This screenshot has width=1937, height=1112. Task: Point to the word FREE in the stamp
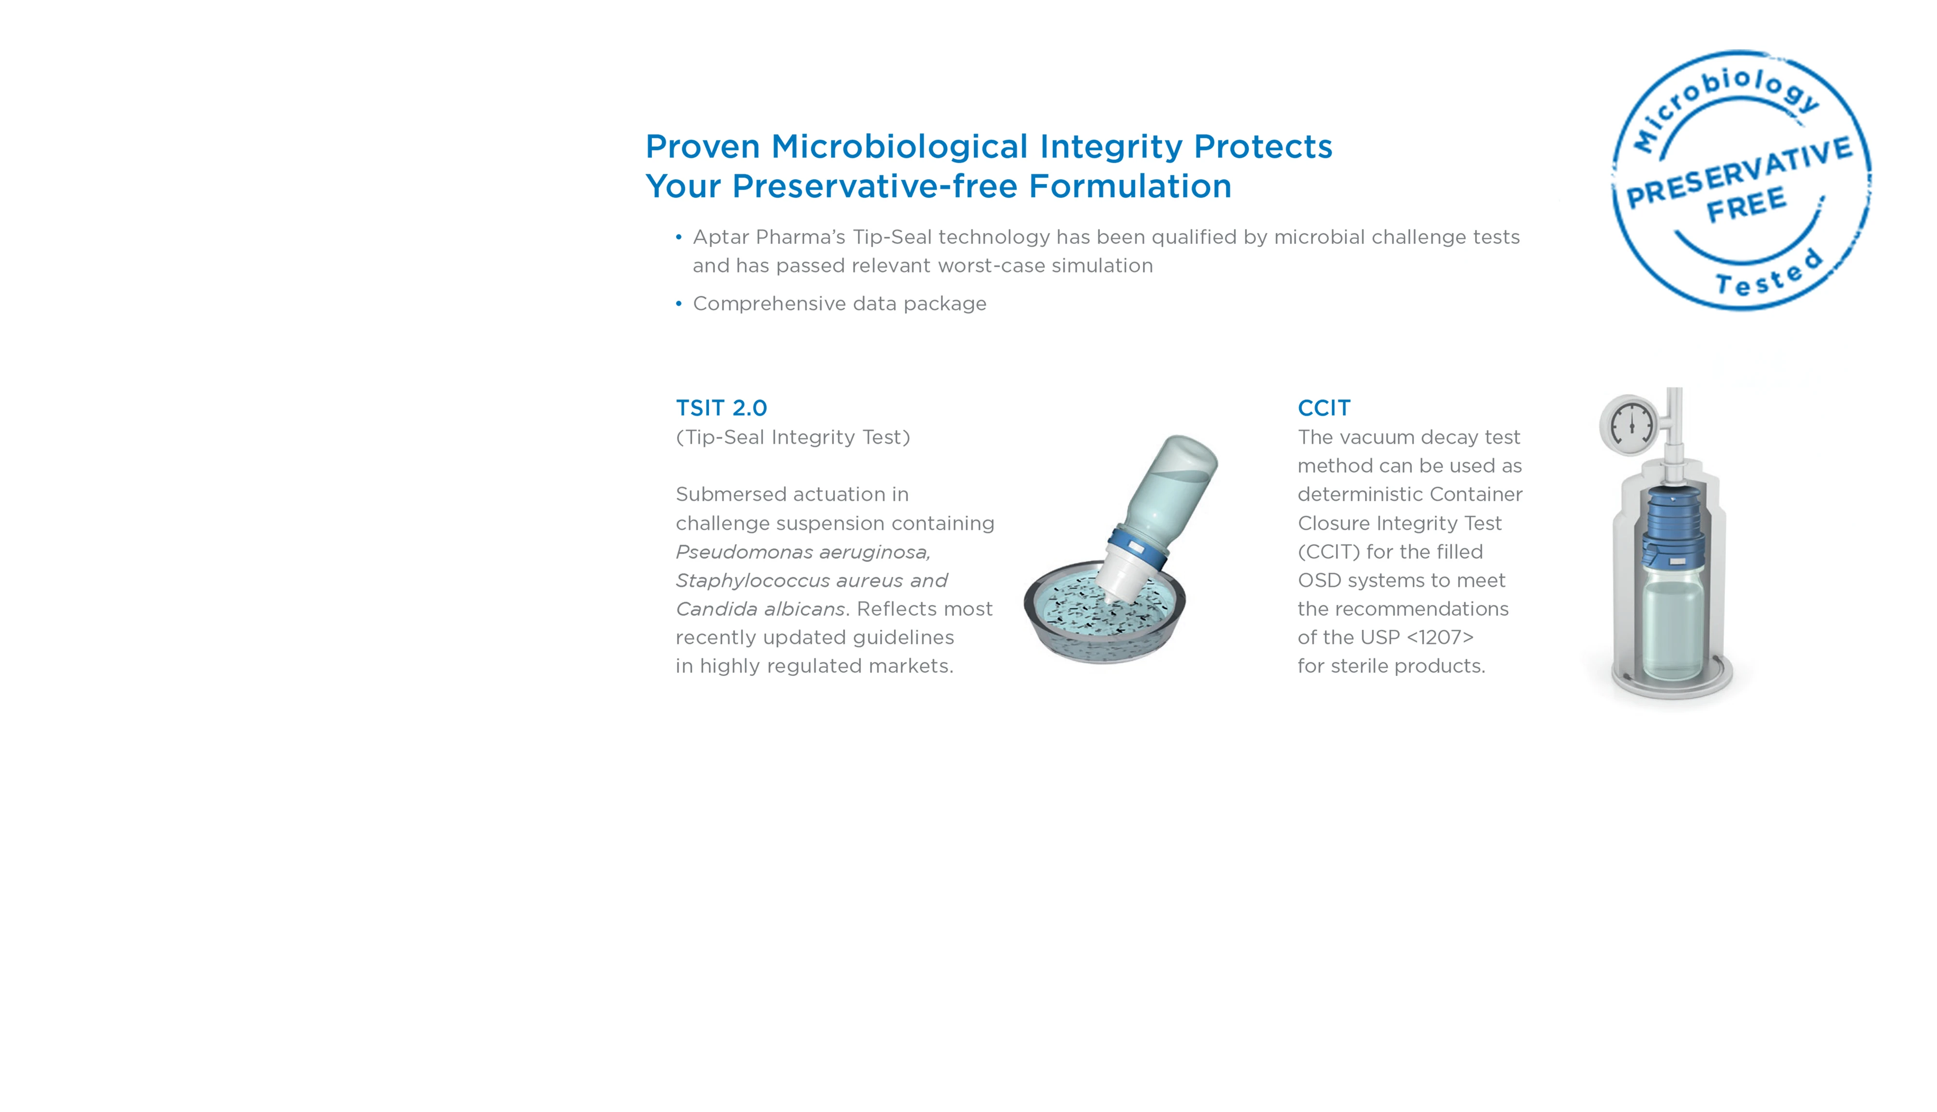[1746, 205]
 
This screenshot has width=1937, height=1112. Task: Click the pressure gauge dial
[1629, 424]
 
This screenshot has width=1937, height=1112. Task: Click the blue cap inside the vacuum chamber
[1672, 527]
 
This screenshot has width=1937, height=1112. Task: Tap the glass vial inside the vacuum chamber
[1673, 626]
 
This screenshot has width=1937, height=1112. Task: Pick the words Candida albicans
[760, 609]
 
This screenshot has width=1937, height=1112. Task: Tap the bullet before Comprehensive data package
[678, 304]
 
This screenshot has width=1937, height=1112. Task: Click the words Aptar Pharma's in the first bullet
[769, 238]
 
